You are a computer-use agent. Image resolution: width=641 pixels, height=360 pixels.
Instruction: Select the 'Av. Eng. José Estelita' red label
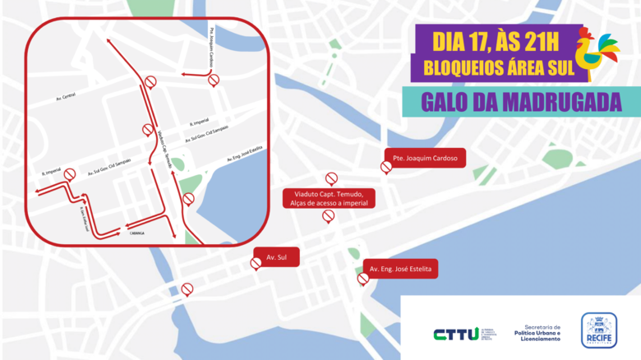(399, 270)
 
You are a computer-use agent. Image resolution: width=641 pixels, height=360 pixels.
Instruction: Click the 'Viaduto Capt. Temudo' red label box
(329, 198)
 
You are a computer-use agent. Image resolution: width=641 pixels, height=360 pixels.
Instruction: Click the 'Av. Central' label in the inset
(65, 96)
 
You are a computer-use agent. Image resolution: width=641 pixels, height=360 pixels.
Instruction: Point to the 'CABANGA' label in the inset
(138, 233)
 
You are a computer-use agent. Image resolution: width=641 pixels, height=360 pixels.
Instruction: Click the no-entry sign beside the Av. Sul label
(256, 263)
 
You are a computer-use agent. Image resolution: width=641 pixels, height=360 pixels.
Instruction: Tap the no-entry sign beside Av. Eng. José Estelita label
(363, 279)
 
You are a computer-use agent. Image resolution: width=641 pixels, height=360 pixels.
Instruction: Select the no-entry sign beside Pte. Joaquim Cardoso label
(386, 167)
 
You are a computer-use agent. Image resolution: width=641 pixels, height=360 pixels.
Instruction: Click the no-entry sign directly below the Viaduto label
(328, 216)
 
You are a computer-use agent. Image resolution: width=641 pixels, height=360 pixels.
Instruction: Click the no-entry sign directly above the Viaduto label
(331, 178)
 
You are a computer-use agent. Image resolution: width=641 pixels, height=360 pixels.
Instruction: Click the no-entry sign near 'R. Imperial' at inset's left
(70, 174)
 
